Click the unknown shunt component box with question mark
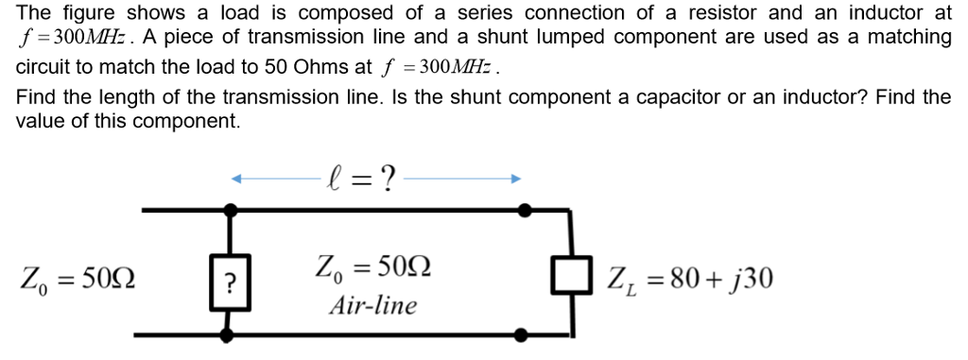229,281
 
